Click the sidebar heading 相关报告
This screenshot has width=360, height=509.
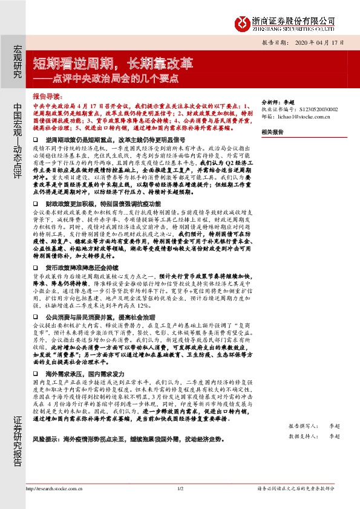click(273, 132)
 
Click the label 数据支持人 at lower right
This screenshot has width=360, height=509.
click(300, 435)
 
